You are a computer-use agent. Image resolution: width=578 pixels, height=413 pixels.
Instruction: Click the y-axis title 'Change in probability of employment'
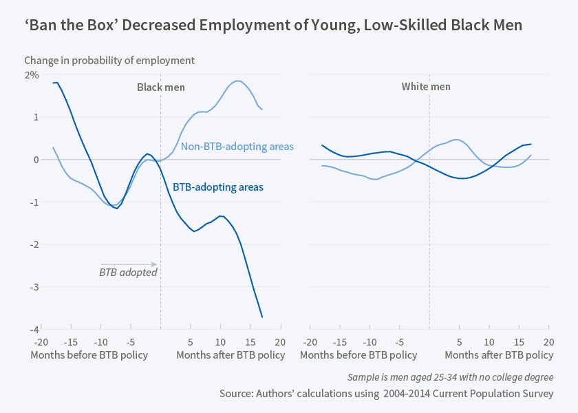tap(109, 61)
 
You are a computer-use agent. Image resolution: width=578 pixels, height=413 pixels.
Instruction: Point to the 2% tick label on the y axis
tap(32, 74)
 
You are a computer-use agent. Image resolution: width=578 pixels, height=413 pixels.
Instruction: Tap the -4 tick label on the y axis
tap(33, 330)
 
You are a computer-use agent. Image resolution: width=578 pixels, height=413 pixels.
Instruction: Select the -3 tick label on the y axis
tap(33, 287)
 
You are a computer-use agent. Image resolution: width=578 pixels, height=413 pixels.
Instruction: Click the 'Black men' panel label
tap(161, 87)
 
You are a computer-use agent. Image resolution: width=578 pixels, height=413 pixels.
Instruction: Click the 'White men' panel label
tap(426, 87)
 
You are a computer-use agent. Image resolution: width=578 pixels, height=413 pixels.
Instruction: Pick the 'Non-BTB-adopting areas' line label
tap(237, 147)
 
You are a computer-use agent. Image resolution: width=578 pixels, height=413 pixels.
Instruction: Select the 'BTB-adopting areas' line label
tap(217, 187)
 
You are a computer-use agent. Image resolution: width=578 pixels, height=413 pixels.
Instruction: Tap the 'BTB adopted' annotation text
tap(129, 272)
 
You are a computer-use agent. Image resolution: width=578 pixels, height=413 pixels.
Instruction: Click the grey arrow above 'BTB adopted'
tap(129, 264)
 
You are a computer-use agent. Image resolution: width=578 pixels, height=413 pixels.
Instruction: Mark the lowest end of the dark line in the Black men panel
tap(262, 317)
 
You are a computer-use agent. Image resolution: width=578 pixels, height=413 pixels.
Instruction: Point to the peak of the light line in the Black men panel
tap(238, 81)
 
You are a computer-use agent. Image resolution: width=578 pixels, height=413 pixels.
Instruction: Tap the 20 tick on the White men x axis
tap(548, 342)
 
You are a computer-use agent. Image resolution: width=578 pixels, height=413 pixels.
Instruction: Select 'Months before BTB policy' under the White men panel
tap(358, 355)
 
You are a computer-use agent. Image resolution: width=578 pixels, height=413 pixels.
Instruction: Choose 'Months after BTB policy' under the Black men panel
tap(231, 355)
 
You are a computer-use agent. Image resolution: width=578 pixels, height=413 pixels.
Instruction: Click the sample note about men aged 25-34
tap(451, 377)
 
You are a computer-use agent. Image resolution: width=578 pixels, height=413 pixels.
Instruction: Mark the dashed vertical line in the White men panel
tap(429, 206)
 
